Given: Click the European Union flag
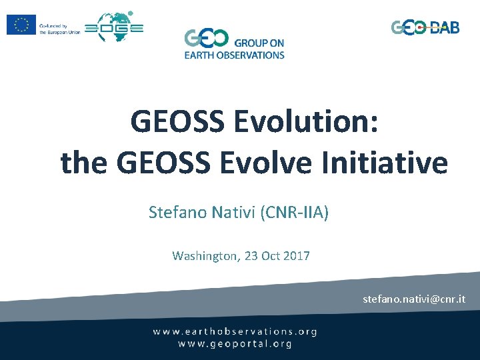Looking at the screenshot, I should click(21, 25).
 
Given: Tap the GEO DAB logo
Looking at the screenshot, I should click(425, 27).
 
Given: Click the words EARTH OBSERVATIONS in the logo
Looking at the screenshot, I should click(235, 55).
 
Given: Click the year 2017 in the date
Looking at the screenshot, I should click(296, 255).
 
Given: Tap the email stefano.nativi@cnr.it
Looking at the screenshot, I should click(414, 299).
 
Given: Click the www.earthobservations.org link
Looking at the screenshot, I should click(235, 331).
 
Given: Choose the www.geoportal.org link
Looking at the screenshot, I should click(235, 344).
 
